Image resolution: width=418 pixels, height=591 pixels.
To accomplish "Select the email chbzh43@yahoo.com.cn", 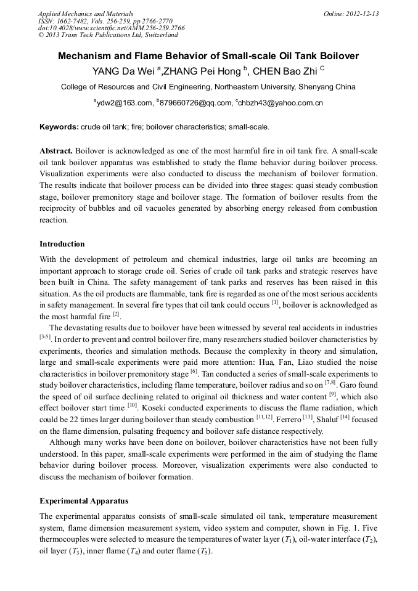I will point(279,103).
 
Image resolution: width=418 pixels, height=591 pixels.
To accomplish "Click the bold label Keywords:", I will point(59,127).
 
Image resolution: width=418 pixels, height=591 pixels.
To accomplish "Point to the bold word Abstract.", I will point(56,151).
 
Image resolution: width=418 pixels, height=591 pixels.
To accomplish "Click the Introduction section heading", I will point(62,244).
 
